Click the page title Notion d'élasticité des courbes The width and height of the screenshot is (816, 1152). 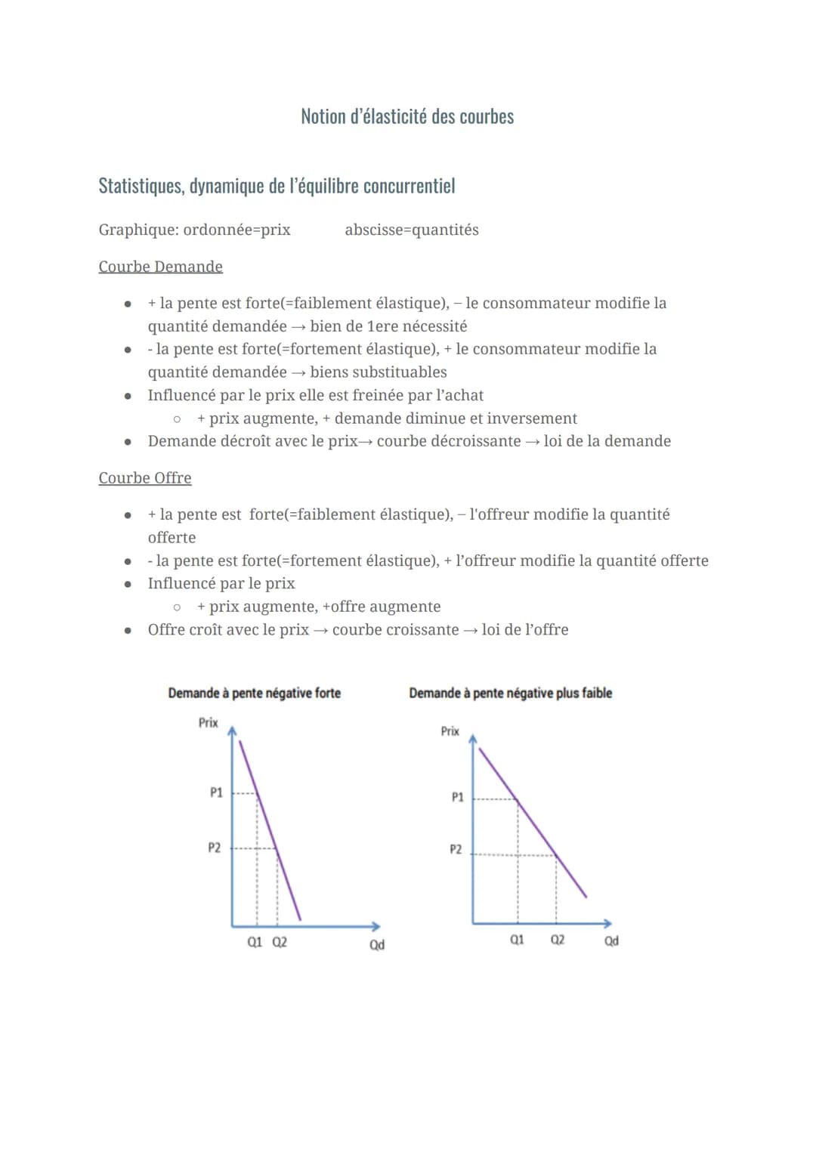(407, 116)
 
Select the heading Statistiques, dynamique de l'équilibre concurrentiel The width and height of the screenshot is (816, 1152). (277, 186)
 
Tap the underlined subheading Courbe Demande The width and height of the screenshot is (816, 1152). (160, 267)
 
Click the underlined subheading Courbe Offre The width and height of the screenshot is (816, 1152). (145, 478)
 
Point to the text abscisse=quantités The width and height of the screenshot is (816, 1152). (412, 230)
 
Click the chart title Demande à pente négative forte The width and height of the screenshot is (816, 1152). (254, 693)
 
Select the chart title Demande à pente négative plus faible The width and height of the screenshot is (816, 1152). (510, 693)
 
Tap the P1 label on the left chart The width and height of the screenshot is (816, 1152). (216, 792)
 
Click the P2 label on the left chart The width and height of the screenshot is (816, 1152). (215, 848)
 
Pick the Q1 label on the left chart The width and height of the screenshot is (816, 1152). (255, 942)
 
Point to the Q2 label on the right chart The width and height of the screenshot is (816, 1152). (558, 940)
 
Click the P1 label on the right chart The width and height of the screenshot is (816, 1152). (457, 797)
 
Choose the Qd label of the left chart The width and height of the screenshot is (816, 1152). (376, 945)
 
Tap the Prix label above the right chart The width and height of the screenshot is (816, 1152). (450, 731)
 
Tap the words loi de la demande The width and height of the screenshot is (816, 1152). (607, 441)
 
